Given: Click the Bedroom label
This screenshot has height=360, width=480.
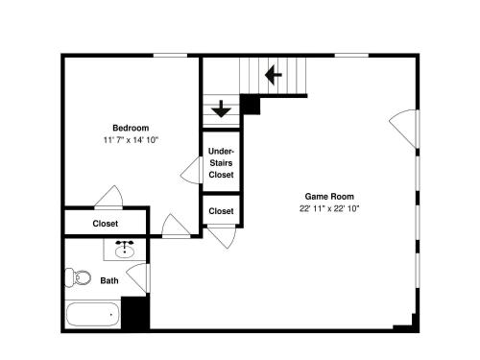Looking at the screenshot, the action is pyautogui.click(x=131, y=128).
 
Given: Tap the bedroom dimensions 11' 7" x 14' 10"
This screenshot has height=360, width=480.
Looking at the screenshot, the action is pyautogui.click(x=131, y=140).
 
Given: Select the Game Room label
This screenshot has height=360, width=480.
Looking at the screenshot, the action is pyautogui.click(x=329, y=196).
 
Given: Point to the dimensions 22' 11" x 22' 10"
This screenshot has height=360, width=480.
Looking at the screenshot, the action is pyautogui.click(x=329, y=208).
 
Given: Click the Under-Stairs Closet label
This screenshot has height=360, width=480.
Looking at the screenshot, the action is pyautogui.click(x=221, y=163).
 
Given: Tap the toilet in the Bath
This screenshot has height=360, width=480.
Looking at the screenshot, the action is pyautogui.click(x=78, y=277).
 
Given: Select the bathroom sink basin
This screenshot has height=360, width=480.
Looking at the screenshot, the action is pyautogui.click(x=125, y=252).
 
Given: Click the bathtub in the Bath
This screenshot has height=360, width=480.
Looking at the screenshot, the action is pyautogui.click(x=92, y=314).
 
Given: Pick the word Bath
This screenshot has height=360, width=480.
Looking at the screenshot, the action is pyautogui.click(x=109, y=280).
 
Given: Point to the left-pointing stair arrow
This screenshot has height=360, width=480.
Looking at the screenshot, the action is pyautogui.click(x=274, y=75).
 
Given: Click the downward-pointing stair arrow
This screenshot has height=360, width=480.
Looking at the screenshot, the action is pyautogui.click(x=221, y=108).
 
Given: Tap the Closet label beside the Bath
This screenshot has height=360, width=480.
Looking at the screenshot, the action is pyautogui.click(x=106, y=224).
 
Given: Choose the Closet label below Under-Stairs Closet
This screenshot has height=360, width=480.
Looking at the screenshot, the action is pyautogui.click(x=221, y=211).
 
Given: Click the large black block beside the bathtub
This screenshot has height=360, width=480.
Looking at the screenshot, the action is pyautogui.click(x=135, y=312).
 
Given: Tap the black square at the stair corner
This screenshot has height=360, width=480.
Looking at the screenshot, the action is pyautogui.click(x=251, y=105).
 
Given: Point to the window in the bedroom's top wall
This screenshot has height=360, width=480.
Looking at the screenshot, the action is pyautogui.click(x=170, y=56).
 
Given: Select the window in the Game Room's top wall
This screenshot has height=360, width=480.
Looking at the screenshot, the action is pyautogui.click(x=351, y=56).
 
